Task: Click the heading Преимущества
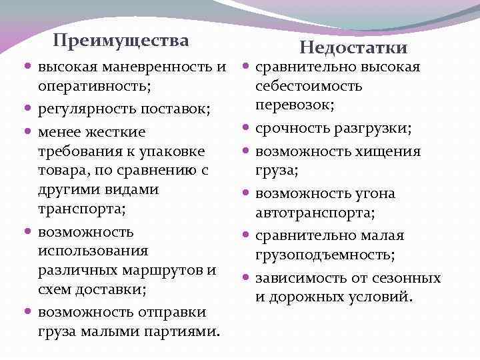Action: [x=120, y=41]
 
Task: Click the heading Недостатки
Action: [x=353, y=47]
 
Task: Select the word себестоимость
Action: [x=309, y=86]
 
